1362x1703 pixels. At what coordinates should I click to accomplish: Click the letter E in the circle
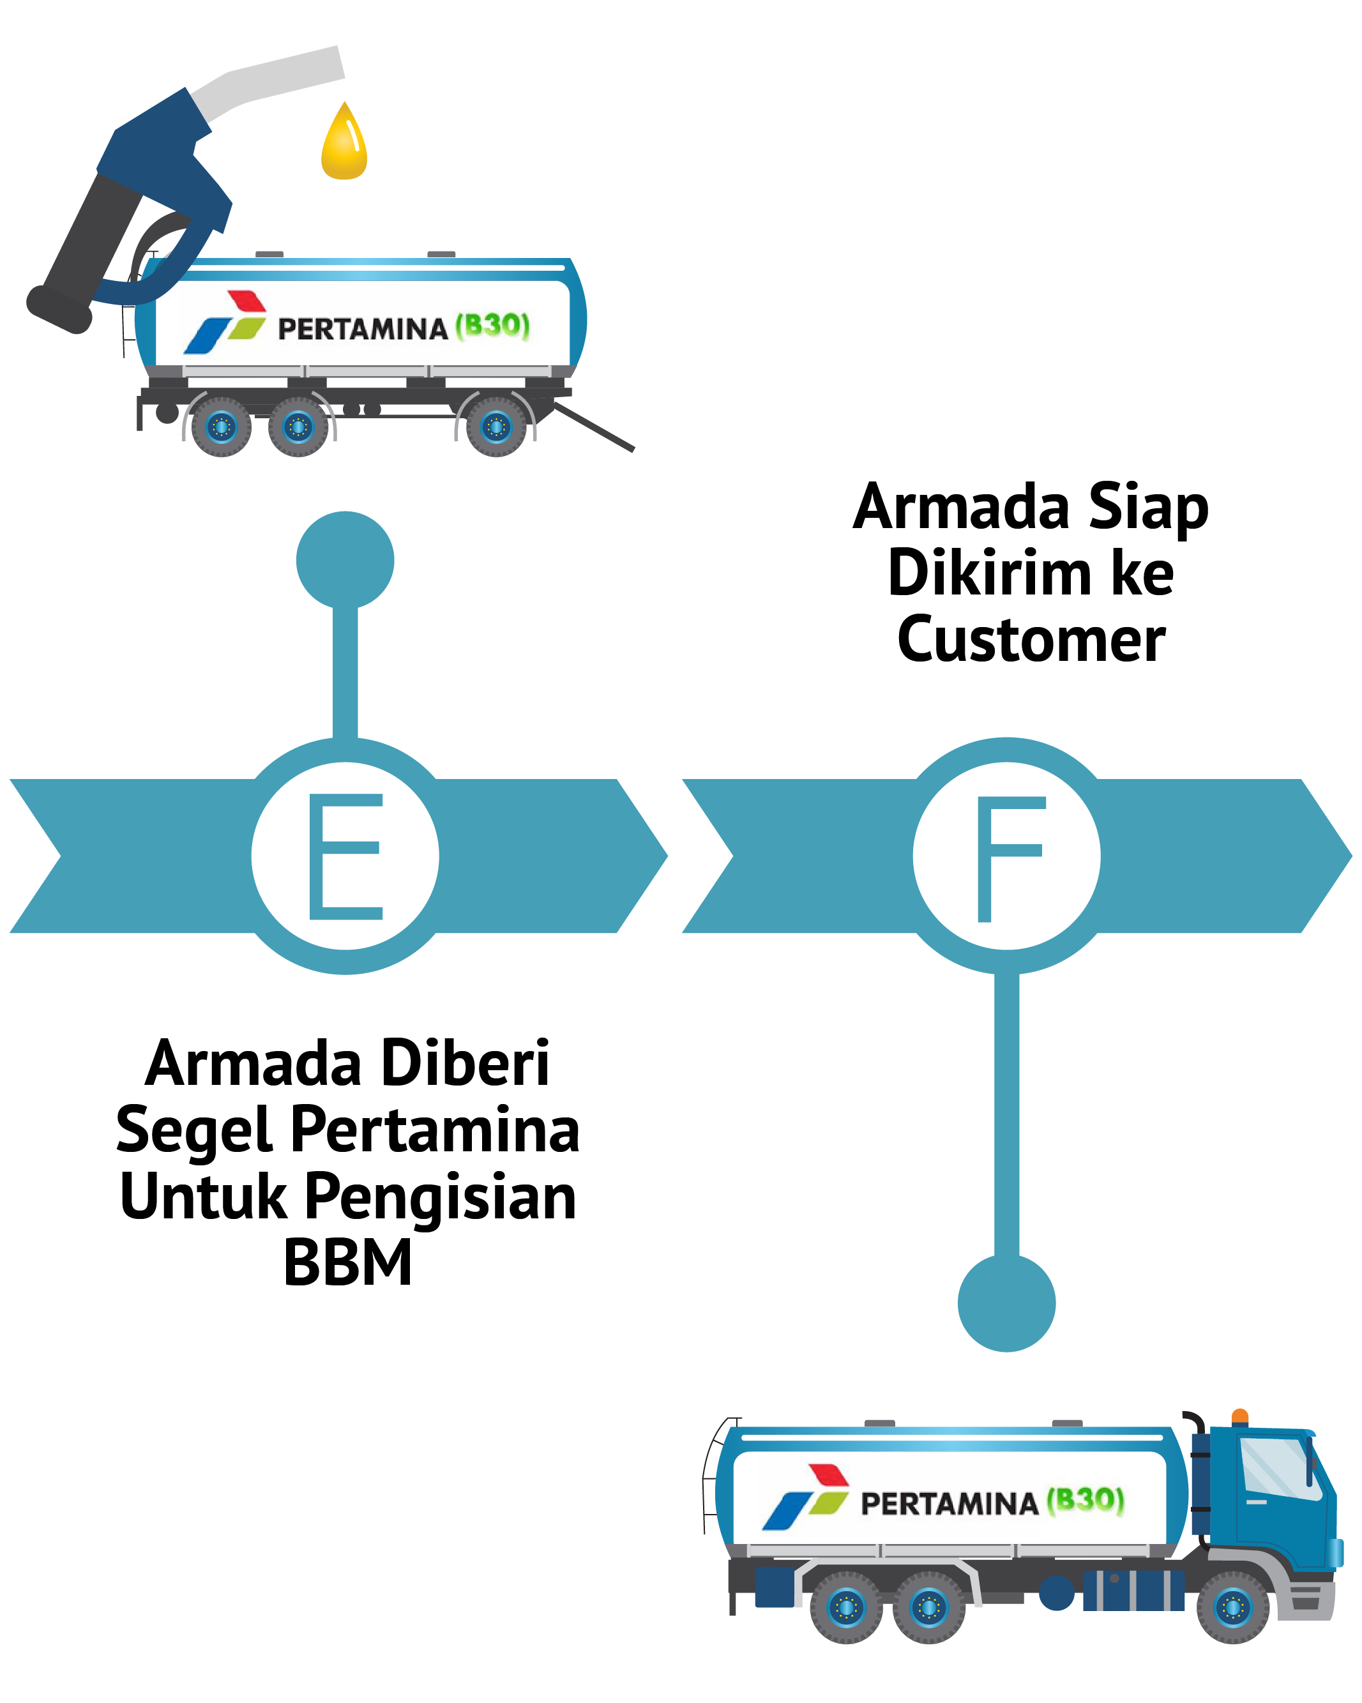coord(345,856)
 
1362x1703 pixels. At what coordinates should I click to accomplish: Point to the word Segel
coord(194,1131)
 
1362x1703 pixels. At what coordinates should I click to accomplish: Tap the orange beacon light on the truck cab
coord(1239,1416)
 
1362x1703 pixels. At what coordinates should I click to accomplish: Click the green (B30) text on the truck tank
coord(1086,1499)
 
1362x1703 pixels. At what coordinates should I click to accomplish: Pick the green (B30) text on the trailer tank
coord(492,324)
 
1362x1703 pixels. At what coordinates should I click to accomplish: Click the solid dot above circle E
coord(345,560)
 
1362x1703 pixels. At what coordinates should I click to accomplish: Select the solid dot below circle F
coord(1006,1303)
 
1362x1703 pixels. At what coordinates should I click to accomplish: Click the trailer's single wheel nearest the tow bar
coord(496,427)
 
